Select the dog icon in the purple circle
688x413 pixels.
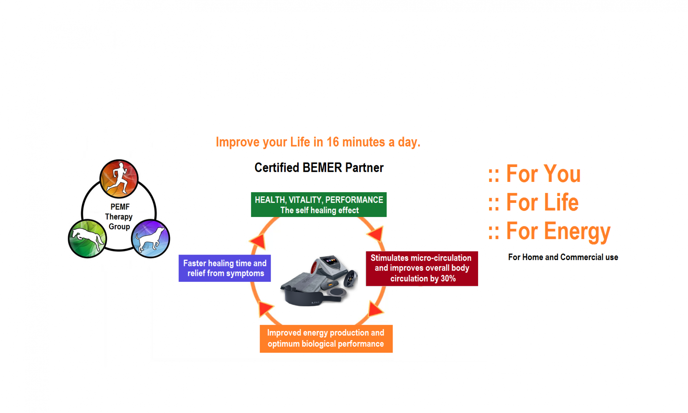[150, 238]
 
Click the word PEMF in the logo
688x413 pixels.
[120, 207]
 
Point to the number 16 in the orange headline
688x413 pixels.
[333, 142]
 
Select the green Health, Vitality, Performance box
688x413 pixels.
[319, 205]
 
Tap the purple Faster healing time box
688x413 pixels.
[225, 268]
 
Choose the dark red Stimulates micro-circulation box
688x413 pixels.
[422, 269]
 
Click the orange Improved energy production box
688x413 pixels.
[326, 339]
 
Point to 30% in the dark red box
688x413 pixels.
[448, 278]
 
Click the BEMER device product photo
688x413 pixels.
[319, 280]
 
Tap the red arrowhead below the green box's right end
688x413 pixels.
[376, 234]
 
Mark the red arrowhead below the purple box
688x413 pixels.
[265, 308]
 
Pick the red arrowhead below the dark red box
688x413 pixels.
[375, 308]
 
